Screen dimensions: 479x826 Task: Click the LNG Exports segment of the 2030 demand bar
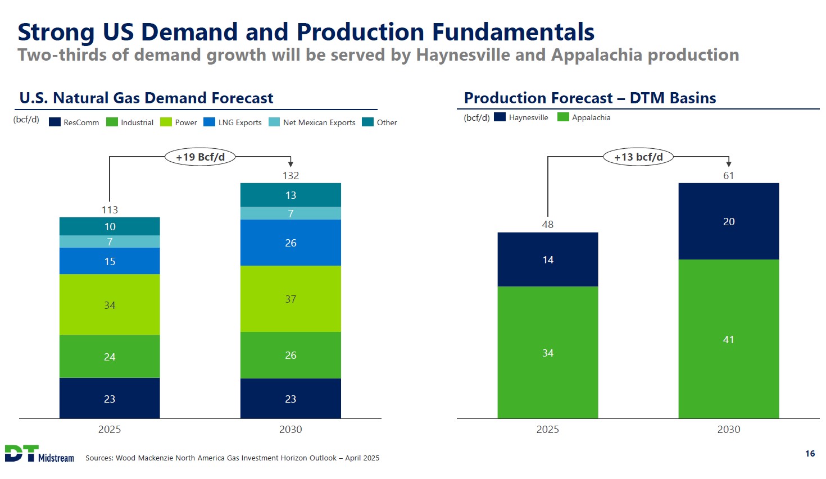click(x=291, y=243)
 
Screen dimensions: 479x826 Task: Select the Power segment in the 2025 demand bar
click(x=110, y=305)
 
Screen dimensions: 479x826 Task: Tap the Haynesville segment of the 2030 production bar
click(x=728, y=221)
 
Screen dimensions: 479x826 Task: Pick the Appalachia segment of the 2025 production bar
click(x=547, y=353)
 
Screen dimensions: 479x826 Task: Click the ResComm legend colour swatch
click(x=55, y=122)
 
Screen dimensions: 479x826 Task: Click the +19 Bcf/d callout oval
click(x=200, y=157)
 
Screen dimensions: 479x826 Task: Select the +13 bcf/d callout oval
click(x=638, y=157)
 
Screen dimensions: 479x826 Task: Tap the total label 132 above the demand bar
click(x=291, y=176)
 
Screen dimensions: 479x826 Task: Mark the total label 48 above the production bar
click(x=547, y=225)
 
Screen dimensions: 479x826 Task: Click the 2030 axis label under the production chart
click(x=728, y=430)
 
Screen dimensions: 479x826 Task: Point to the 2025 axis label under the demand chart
click(x=110, y=430)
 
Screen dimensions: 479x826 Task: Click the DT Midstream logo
click(x=39, y=454)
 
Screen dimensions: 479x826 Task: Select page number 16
click(x=810, y=454)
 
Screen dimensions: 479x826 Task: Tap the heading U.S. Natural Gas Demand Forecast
click(x=146, y=98)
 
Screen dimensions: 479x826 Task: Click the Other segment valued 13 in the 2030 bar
click(x=291, y=195)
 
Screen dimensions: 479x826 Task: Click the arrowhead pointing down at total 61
click(x=729, y=163)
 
